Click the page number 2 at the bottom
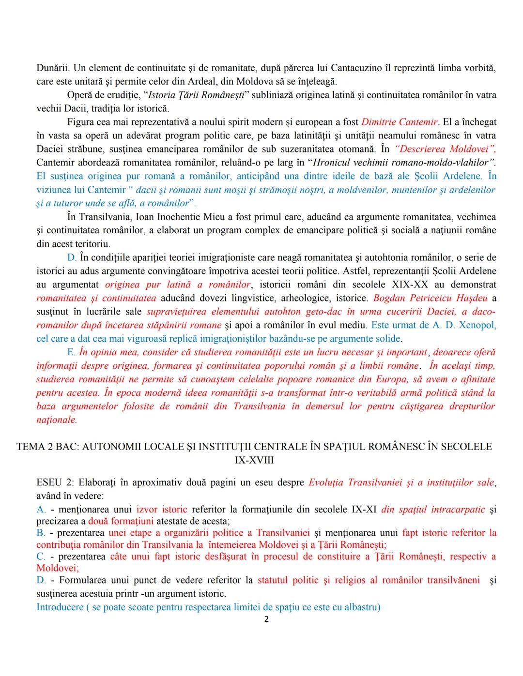[x=266, y=619]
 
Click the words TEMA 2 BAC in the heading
[x=47, y=447]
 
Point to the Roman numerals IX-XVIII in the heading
[x=254, y=460]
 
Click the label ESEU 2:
[x=55, y=482]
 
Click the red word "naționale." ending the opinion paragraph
[x=57, y=420]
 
